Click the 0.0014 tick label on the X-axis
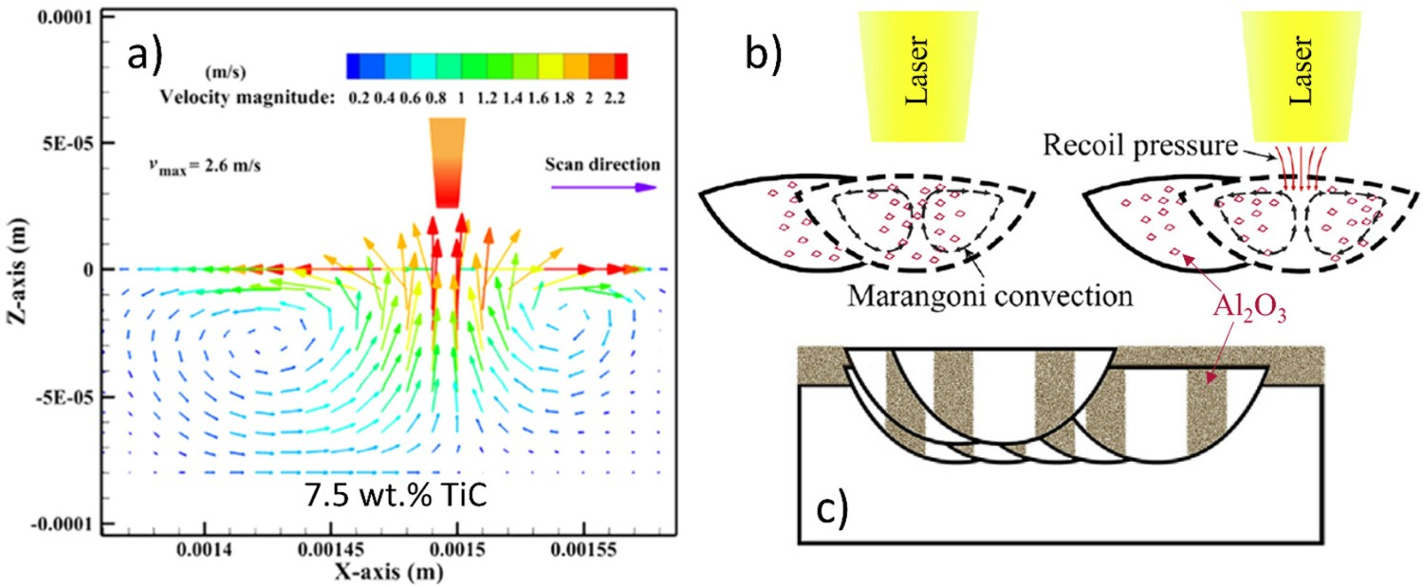click(x=205, y=548)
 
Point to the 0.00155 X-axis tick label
click(x=583, y=548)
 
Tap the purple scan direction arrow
click(x=603, y=188)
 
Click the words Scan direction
click(x=602, y=165)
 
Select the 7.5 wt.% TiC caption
click(x=396, y=496)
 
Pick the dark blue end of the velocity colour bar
click(x=353, y=66)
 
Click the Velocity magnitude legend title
click(x=247, y=97)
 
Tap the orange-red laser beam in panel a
click(x=447, y=163)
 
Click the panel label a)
click(x=145, y=55)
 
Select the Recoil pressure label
click(x=1140, y=145)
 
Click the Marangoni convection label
click(x=990, y=296)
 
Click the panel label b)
click(x=763, y=54)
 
